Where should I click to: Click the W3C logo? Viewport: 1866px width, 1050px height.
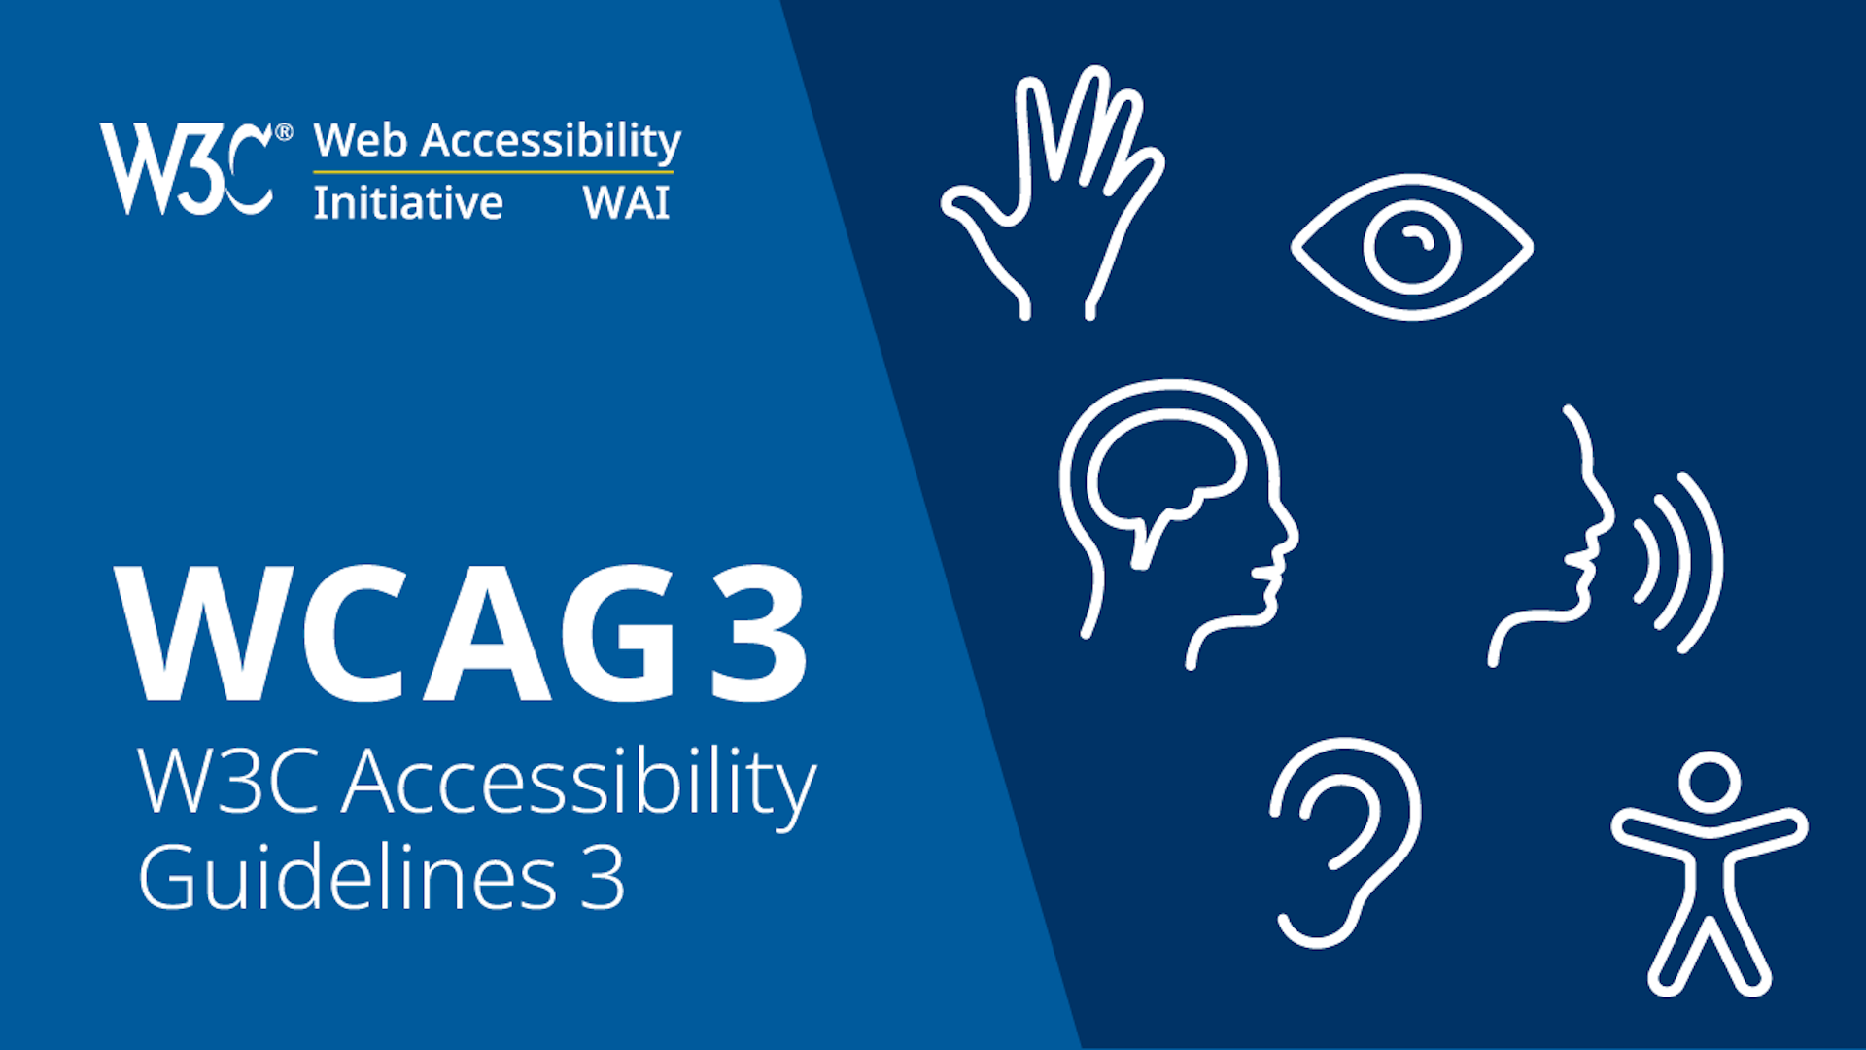tap(185, 167)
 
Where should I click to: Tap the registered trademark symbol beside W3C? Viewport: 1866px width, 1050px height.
tap(284, 132)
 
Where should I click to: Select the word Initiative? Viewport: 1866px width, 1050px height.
tap(408, 203)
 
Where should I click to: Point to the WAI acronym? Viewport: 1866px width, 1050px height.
tap(626, 203)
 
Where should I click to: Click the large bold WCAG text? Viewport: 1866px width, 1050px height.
tap(394, 634)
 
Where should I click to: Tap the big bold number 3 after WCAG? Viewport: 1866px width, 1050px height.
tap(758, 634)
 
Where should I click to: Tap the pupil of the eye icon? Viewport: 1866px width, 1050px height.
tap(1412, 246)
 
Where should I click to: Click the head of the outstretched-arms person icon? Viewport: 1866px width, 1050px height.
tap(1710, 783)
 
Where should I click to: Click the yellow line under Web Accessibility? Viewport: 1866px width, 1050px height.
tap(493, 173)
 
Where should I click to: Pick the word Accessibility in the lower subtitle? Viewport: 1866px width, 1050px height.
tap(579, 784)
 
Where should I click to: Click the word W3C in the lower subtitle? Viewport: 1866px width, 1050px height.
tap(228, 782)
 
